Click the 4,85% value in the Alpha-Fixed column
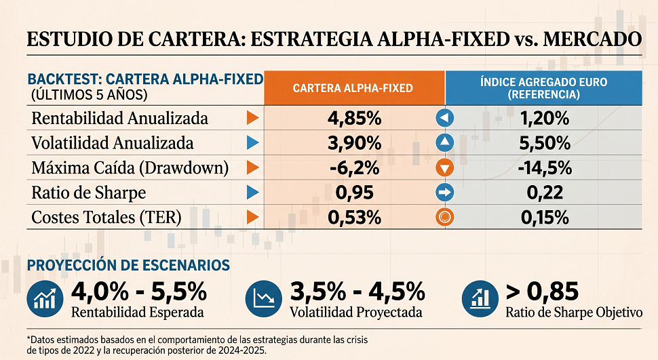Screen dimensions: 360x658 (x=354, y=119)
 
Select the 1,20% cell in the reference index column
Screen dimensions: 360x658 (x=544, y=119)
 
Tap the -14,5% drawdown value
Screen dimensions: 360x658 (x=544, y=167)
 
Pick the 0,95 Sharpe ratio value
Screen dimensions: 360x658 (x=354, y=193)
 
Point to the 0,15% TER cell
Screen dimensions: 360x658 (x=544, y=218)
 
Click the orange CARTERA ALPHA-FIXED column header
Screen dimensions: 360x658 (x=353, y=88)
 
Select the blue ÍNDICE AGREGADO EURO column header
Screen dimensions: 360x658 (x=543, y=88)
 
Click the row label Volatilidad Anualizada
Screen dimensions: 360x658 (x=113, y=143)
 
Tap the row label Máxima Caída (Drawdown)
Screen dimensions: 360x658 (x=130, y=167)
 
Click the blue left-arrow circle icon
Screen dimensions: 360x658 (x=444, y=119)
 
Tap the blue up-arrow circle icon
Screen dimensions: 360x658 (x=444, y=143)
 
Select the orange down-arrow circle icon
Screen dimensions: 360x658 (x=444, y=167)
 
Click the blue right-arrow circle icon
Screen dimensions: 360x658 (x=444, y=193)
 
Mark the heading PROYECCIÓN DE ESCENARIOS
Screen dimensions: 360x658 (x=128, y=265)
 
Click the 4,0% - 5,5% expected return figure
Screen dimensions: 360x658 (x=138, y=292)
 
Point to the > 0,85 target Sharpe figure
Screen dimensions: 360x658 (x=542, y=292)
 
